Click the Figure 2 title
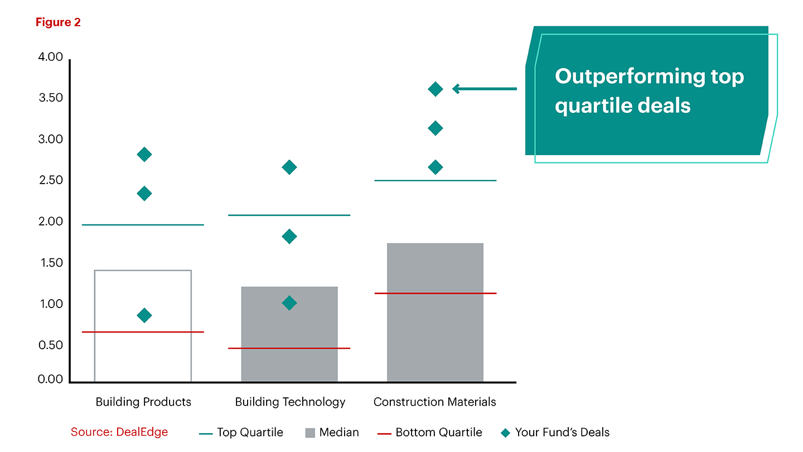point(58,22)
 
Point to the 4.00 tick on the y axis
point(51,57)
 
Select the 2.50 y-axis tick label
point(51,181)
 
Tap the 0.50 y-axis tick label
point(51,345)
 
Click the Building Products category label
point(143,402)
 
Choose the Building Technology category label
point(290,402)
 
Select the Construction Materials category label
point(434,402)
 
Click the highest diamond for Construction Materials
point(436,89)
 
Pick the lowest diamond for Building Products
point(144,315)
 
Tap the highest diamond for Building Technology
point(289,167)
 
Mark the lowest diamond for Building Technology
point(289,303)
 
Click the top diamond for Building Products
point(144,155)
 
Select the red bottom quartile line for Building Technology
point(289,348)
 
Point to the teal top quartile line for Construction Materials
point(436,181)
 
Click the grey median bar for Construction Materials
point(435,335)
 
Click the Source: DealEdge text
point(119,432)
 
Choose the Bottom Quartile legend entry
point(429,432)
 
